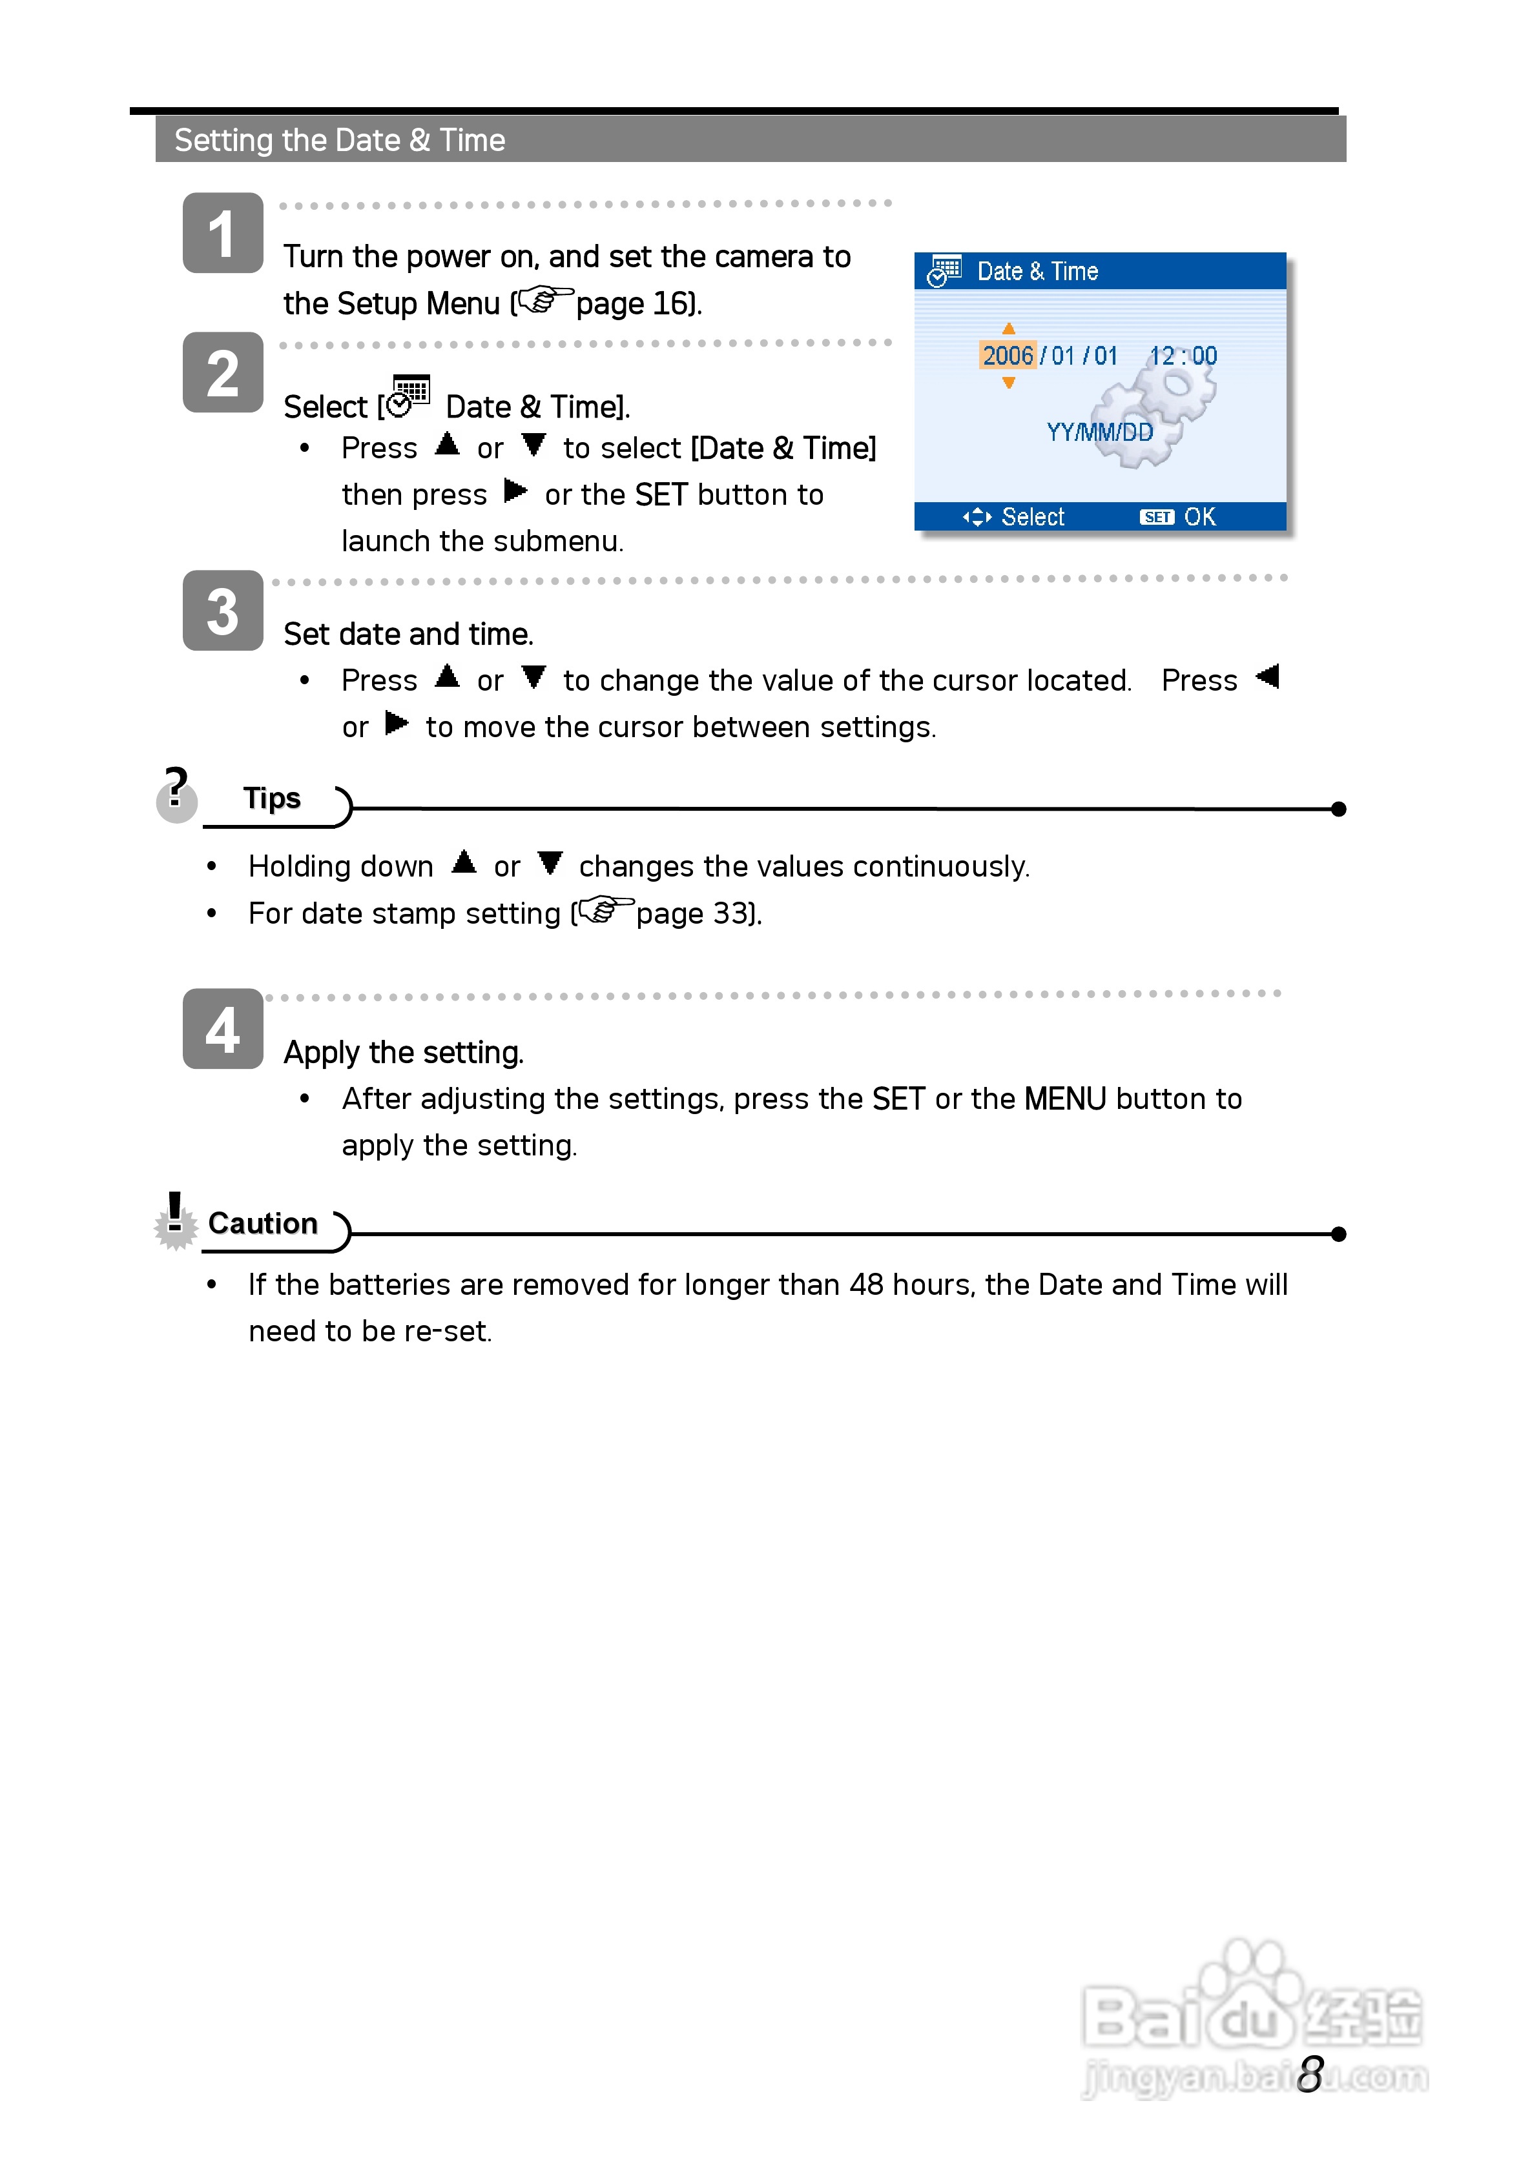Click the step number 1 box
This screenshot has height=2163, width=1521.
222,232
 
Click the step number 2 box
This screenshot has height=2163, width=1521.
222,372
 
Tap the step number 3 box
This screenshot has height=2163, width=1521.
222,611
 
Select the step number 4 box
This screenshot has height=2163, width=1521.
222,1029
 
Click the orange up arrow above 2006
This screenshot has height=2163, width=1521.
1008,329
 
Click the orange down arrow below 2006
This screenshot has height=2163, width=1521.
1008,383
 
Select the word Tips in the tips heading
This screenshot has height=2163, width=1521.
271,798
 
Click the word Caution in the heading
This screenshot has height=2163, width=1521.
262,1223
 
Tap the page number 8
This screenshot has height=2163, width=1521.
1310,2073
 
